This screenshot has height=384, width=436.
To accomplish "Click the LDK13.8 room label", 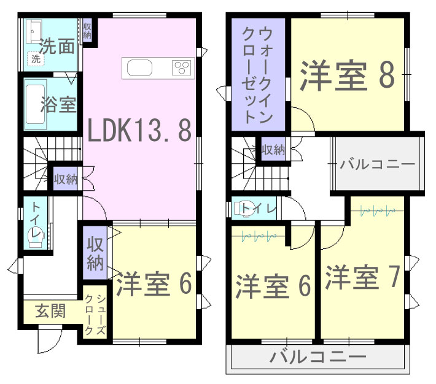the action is point(139,130).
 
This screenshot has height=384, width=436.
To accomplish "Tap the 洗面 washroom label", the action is point(57,46).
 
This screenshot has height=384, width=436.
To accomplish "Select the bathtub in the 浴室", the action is point(36,104).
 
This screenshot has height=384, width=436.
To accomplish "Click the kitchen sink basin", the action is point(139,68).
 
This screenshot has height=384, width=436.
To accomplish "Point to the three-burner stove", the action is point(182,67).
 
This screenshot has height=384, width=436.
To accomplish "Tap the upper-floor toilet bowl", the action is point(244,208).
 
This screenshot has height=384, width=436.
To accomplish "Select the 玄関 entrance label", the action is point(50,310).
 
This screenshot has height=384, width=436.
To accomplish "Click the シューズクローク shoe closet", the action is point(95,312).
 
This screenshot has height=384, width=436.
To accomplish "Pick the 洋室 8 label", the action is point(348,75).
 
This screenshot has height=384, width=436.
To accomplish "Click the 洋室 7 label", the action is point(362,277).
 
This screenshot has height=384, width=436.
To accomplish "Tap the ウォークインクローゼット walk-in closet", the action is point(258,74).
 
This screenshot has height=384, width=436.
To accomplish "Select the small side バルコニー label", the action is point(377,164).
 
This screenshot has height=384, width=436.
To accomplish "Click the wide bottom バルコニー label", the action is point(318,357).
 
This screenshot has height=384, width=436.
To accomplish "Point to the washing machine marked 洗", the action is point(36,59).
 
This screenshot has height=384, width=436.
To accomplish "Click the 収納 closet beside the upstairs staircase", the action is point(273,150).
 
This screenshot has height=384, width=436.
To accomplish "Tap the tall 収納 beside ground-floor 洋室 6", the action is point(95,253).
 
